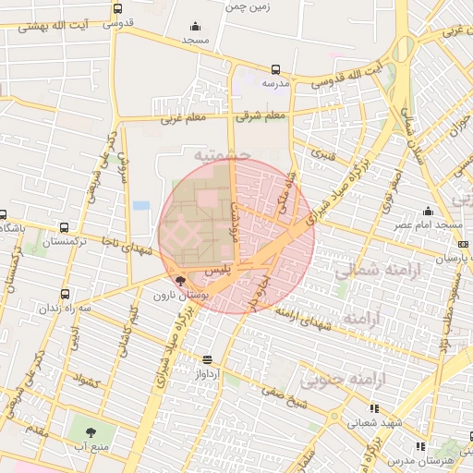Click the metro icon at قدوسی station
(x=116, y=8)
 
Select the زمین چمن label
(x=247, y=6)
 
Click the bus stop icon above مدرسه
(x=275, y=69)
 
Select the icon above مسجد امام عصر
(x=428, y=212)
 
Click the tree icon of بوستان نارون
(x=179, y=282)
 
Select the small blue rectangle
(x=140, y=204)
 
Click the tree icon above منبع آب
(x=91, y=431)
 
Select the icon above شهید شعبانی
(x=373, y=408)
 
